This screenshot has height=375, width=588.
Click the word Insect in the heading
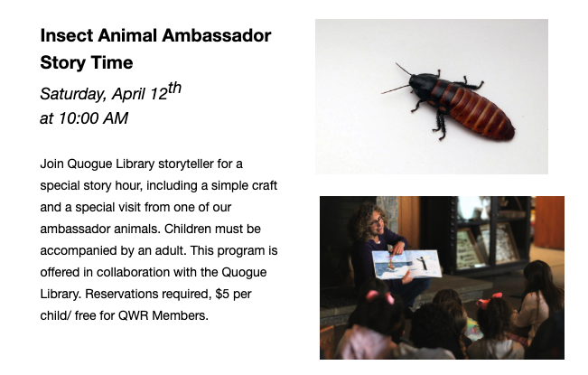[67, 35]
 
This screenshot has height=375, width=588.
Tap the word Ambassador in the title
[217, 35]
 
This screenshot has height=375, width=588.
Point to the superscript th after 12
[174, 89]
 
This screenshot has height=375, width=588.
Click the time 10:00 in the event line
[79, 118]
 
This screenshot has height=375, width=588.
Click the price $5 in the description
[222, 294]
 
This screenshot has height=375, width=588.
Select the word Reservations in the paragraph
[122, 294]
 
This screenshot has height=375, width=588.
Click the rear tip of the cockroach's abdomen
[512, 133]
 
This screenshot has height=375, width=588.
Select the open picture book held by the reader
[406, 265]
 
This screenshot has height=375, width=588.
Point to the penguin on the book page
[423, 263]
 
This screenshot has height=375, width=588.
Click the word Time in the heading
[112, 62]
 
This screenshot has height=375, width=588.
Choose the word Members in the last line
[180, 315]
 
